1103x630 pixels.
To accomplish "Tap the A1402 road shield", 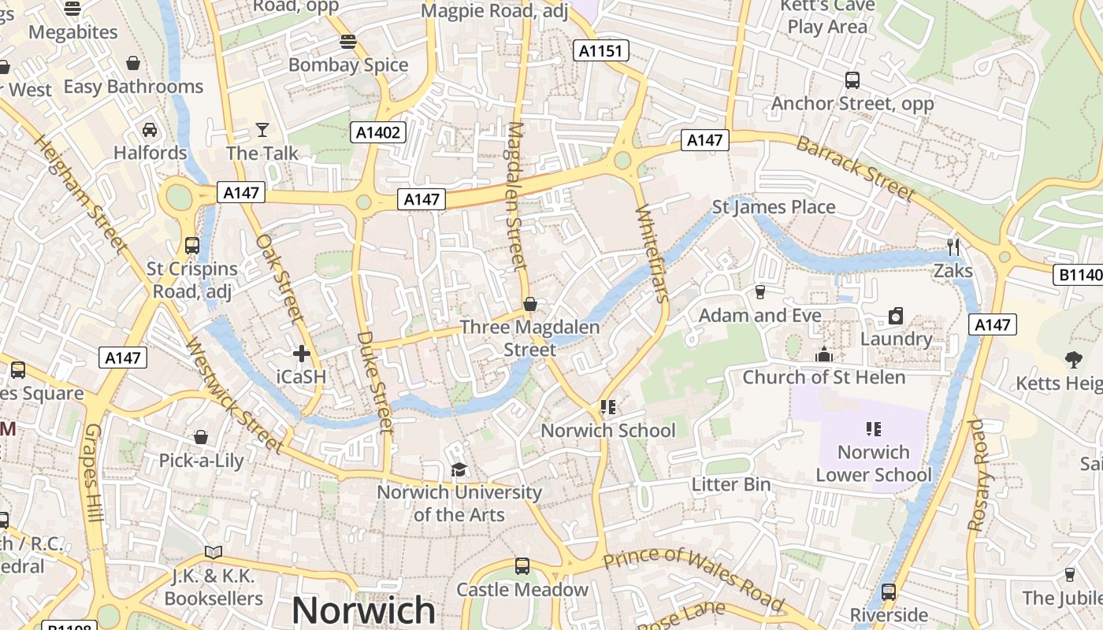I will (378, 132).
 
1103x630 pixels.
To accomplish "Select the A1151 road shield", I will (600, 51).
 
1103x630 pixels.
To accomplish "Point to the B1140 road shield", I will (1078, 275).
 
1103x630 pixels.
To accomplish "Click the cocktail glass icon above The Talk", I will (262, 129).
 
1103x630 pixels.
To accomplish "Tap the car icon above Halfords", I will (150, 129).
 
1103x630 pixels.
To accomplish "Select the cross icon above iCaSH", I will (301, 354).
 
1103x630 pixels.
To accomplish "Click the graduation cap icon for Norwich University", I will (459, 470).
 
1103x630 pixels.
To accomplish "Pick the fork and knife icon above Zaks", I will (953, 247).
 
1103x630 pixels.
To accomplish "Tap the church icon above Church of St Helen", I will (824, 354).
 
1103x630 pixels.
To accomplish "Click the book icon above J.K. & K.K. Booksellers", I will (214, 552).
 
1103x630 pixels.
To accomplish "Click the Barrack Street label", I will (856, 169).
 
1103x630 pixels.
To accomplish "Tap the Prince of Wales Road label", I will (694, 579).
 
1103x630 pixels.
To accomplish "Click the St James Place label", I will (774, 207).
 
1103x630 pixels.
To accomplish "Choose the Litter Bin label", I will (731, 484).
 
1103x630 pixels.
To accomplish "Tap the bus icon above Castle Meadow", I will (522, 566).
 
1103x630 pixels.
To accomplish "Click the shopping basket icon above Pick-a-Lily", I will (201, 437).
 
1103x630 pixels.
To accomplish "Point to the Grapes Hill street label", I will (93, 473).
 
